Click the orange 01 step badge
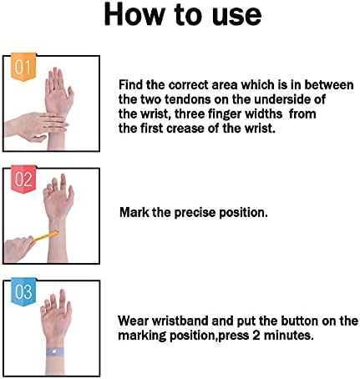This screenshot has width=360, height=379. [x=23, y=67]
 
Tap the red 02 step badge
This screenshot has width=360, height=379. [x=23, y=179]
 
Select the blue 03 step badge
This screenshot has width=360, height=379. [x=23, y=291]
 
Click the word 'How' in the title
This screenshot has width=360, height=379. [x=134, y=14]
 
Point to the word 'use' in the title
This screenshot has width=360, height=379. [x=236, y=17]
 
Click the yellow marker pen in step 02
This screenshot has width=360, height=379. [x=46, y=237]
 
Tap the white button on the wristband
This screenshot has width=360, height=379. [x=54, y=352]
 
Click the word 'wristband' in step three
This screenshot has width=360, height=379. [x=180, y=321]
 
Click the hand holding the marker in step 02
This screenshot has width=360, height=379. [x=19, y=249]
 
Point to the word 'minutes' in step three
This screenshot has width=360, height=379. [x=288, y=336]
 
